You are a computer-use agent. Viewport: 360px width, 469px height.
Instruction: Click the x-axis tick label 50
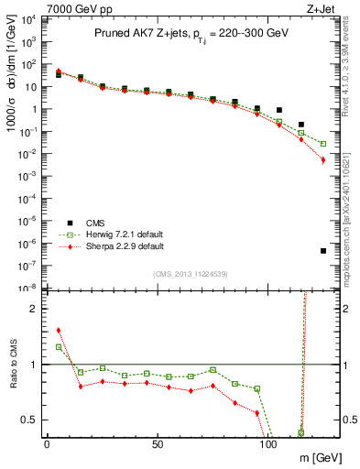[158, 442]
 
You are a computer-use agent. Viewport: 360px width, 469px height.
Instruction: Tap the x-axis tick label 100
[268, 442]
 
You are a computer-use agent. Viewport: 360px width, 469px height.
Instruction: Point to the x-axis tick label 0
[47, 442]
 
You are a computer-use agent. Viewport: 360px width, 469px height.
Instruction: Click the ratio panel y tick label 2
[29, 309]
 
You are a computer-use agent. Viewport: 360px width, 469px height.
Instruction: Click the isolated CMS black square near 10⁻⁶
[323, 251]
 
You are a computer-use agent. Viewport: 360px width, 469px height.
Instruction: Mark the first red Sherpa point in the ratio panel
[59, 331]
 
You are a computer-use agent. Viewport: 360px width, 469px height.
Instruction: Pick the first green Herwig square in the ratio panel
[59, 347]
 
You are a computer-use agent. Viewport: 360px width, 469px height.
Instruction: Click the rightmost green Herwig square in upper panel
[323, 144]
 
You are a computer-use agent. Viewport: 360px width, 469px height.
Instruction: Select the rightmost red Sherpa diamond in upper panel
[323, 160]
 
